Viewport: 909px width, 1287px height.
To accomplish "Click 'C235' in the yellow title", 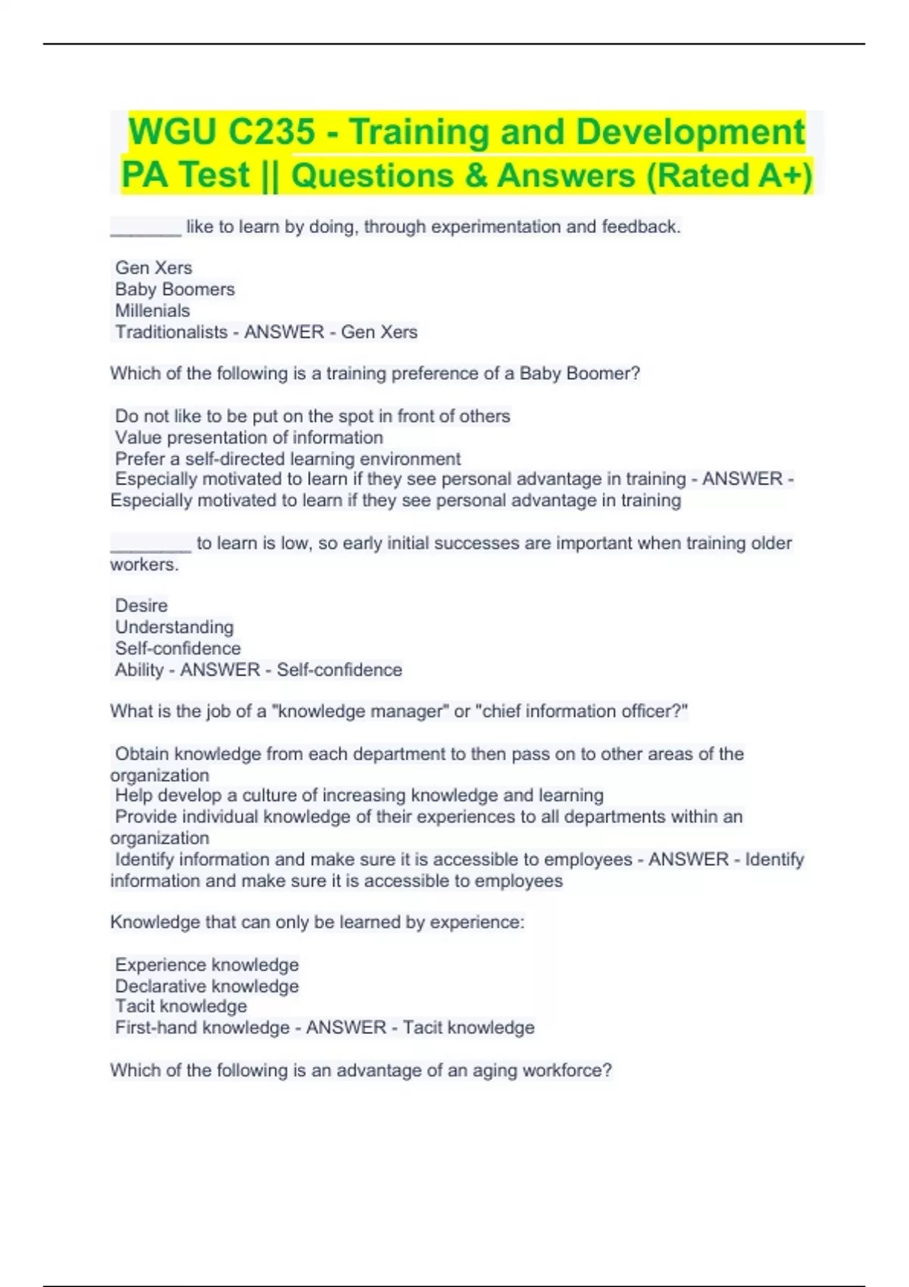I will tap(270, 132).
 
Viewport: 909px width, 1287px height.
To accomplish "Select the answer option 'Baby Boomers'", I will tap(175, 289).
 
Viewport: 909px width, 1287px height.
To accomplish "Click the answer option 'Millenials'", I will tap(152, 310).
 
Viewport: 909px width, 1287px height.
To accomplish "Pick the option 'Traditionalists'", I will tap(171, 332).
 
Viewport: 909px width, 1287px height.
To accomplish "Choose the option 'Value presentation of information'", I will tap(248, 438).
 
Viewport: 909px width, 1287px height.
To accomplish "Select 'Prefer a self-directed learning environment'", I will tap(287, 459).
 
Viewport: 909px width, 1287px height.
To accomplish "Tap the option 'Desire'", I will tap(142, 606).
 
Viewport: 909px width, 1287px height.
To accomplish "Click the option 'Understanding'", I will tap(174, 627).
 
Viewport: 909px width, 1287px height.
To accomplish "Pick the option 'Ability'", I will tap(139, 670).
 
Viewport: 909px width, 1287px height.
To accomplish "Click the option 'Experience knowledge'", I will tap(207, 964).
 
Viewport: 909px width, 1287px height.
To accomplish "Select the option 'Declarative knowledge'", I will tap(207, 986).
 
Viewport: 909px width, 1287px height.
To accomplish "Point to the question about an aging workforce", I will tap(361, 1070).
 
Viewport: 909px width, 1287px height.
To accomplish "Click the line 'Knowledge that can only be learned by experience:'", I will tap(317, 922).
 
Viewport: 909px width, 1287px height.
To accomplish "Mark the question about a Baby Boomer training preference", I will tap(375, 373).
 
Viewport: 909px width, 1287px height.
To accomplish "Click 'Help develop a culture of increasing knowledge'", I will tap(359, 795).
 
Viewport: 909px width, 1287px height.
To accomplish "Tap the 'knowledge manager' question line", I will tap(398, 711).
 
